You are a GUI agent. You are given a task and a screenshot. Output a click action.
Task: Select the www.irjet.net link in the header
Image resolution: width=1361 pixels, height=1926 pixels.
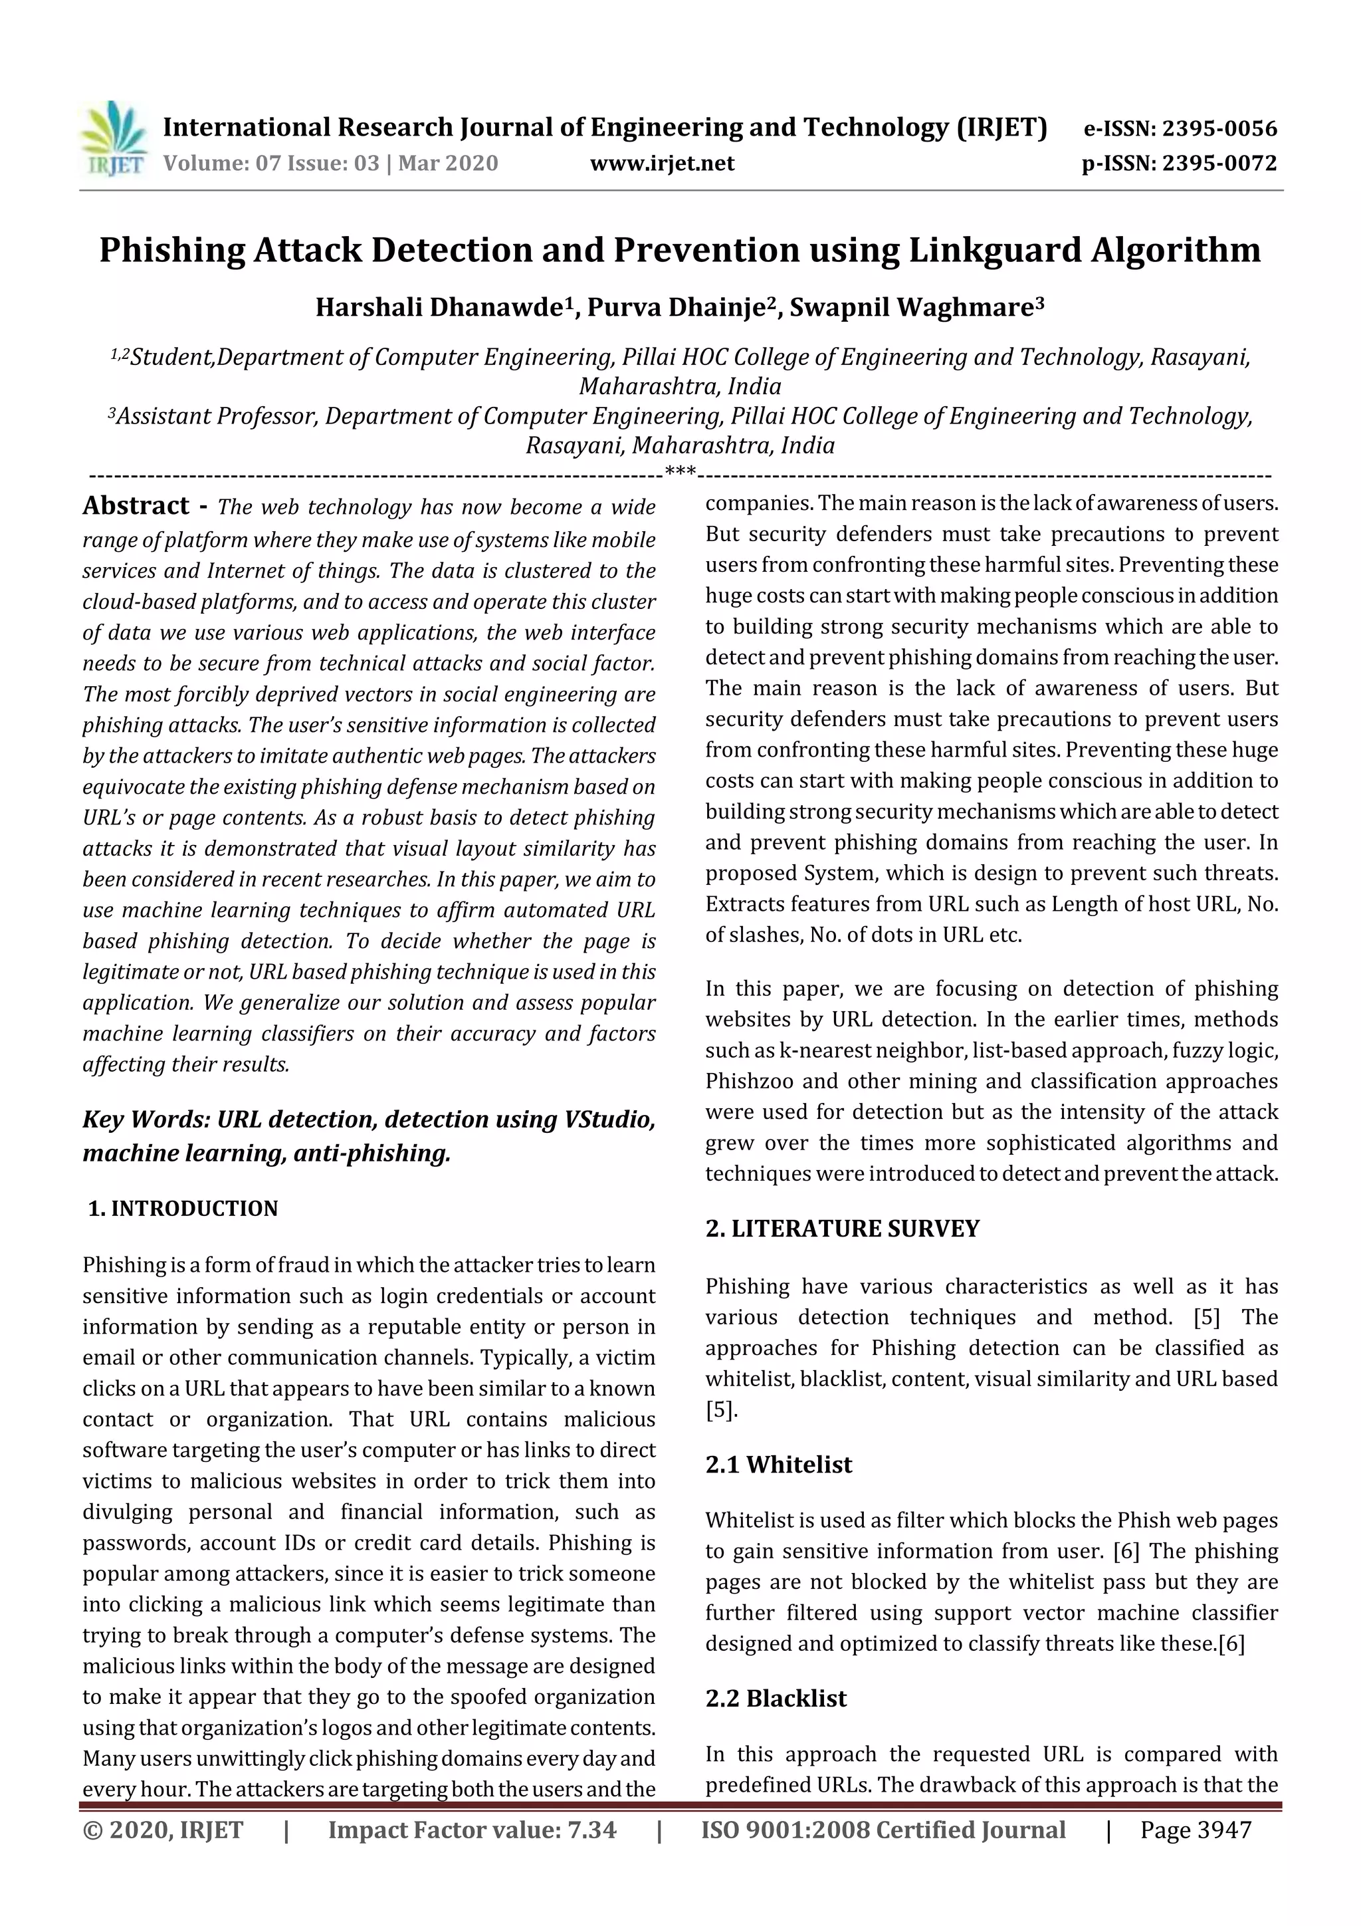click(x=662, y=164)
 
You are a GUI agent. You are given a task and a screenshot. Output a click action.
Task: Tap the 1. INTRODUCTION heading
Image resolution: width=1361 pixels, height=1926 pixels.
click(x=183, y=1209)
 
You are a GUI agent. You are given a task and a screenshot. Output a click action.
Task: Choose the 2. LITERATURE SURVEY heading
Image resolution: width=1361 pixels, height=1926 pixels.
click(x=842, y=1229)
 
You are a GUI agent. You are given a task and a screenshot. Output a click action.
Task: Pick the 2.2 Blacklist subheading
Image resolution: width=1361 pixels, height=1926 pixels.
click(x=776, y=1699)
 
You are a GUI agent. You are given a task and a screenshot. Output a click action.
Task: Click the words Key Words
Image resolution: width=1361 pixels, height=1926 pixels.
click(x=145, y=1120)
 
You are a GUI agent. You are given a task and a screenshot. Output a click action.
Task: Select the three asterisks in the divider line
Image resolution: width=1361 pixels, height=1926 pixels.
click(x=680, y=472)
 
